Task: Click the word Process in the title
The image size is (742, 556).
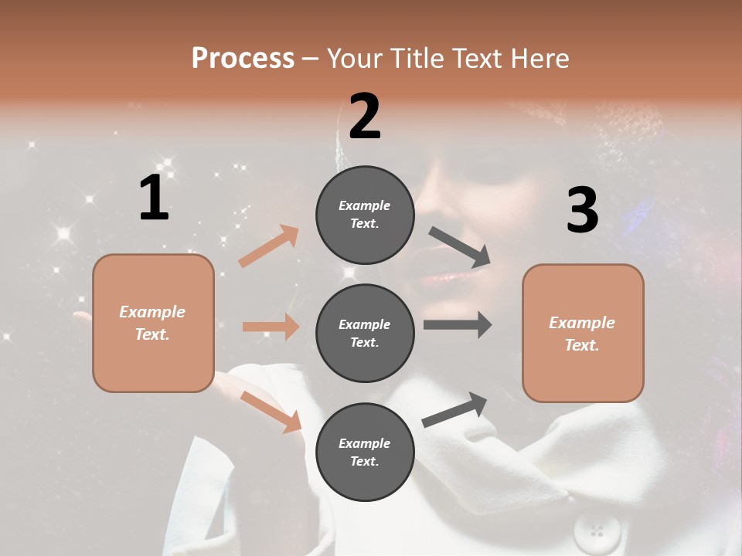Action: coord(243,58)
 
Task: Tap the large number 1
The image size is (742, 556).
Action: coord(154,198)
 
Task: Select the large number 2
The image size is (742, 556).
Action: coord(365,116)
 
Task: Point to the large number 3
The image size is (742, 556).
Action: coord(582,210)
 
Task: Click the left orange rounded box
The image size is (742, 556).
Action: coord(153,323)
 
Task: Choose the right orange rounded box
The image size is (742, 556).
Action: coord(583,333)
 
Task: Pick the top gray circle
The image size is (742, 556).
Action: coord(365,215)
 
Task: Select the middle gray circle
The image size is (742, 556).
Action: coord(365,333)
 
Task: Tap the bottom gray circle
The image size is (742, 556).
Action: coord(365,452)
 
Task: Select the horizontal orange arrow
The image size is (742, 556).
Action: coord(271,327)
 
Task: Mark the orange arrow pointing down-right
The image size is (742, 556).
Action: coord(271,411)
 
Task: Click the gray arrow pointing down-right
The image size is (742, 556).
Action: coord(460,247)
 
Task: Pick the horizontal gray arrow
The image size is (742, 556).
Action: coord(458,325)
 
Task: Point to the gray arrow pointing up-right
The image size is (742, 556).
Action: coord(454,410)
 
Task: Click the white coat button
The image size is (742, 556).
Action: coord(597,531)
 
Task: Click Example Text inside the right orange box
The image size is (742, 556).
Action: coord(582,334)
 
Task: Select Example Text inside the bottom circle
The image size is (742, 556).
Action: coord(365,452)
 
